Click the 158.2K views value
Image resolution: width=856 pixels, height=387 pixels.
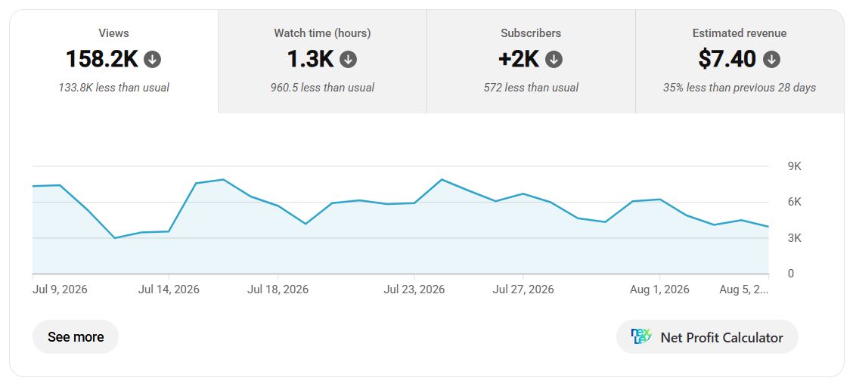[102, 59]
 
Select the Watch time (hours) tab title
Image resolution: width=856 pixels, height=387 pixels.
[322, 33]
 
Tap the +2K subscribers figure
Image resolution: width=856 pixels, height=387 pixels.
[519, 59]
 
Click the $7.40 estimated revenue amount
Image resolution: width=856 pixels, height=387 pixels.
[728, 59]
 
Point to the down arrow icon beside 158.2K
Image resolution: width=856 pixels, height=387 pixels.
[152, 60]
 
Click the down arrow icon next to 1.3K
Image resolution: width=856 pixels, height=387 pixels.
[349, 60]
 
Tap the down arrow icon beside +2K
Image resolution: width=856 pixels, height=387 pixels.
[554, 60]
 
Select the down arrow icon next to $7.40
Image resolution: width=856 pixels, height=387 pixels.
[771, 60]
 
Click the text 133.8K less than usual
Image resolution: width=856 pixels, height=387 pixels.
[114, 88]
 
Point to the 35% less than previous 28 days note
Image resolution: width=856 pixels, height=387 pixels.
[740, 88]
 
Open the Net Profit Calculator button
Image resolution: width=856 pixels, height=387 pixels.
[707, 337]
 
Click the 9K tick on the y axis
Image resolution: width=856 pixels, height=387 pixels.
[794, 166]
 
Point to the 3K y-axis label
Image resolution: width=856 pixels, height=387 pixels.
[794, 238]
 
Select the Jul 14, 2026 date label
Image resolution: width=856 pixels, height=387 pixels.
[169, 289]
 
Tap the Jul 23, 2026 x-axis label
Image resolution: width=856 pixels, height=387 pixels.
[414, 289]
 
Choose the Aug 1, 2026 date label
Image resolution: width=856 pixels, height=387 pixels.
[660, 289]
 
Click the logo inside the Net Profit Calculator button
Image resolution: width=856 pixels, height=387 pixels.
[641, 337]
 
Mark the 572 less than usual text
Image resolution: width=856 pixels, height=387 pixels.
[531, 88]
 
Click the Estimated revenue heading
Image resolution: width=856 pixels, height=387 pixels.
[740, 33]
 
